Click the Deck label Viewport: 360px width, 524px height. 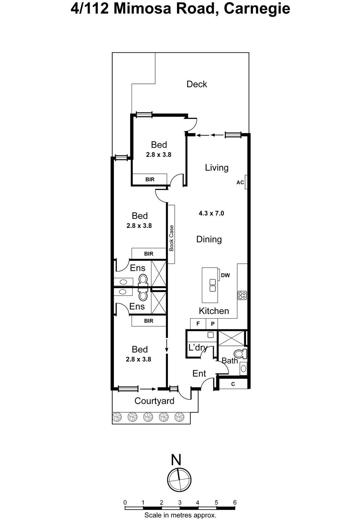197,84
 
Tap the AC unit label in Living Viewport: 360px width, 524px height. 240,182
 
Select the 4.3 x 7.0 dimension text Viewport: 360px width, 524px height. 211,214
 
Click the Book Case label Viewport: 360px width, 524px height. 171,238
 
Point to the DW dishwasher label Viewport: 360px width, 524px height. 225,275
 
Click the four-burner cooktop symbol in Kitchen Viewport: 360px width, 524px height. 242,295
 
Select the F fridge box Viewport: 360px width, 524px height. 198,324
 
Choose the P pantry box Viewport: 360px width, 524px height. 212,324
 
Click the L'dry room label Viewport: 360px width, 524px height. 197,347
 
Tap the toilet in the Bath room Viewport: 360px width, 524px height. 241,354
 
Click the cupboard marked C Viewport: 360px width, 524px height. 233,384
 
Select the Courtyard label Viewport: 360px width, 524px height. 154,401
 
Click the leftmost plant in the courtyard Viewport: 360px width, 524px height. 117,417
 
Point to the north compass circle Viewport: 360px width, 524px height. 179,480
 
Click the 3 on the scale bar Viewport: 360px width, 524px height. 180,502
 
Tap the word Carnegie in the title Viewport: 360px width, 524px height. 257,9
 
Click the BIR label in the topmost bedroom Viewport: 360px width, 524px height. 150,179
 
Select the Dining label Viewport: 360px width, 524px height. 209,239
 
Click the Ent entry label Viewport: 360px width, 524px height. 199,374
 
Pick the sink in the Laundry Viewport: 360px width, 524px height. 211,335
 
